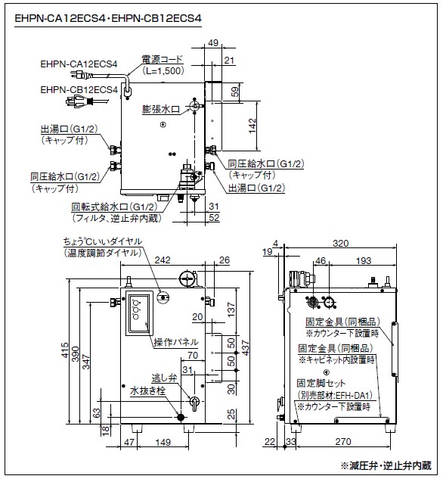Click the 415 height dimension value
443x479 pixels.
click(x=65, y=350)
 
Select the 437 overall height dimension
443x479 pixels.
click(x=245, y=347)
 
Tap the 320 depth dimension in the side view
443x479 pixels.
click(x=340, y=243)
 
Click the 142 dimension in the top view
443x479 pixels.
click(x=252, y=126)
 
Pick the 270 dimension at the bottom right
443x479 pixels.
click(x=343, y=441)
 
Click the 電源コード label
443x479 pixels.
click(x=162, y=59)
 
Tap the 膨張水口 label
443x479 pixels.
click(x=161, y=109)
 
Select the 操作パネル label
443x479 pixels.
click(x=176, y=342)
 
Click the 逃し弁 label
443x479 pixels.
click(x=164, y=378)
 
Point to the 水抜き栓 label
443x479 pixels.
click(x=147, y=390)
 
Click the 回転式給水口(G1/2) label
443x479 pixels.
click(x=114, y=207)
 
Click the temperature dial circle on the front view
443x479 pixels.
click(x=163, y=297)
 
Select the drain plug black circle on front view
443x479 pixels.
click(x=181, y=417)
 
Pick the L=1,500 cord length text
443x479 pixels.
click(x=163, y=71)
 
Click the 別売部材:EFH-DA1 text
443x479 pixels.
click(x=335, y=395)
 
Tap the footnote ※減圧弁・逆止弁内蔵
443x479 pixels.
click(x=386, y=465)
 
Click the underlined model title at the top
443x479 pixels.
click(x=108, y=19)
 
